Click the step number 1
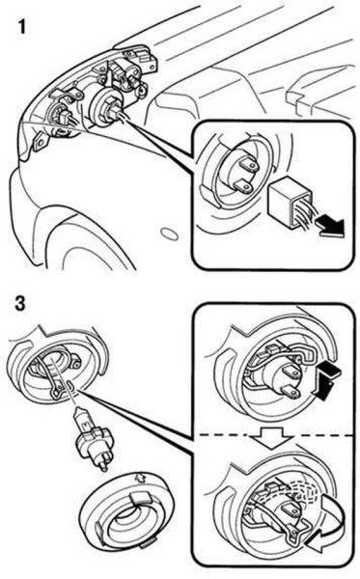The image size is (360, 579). (x=22, y=27)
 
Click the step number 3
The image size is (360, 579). (x=20, y=304)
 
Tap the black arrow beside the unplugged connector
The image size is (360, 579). (x=331, y=226)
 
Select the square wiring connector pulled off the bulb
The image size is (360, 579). (x=288, y=200)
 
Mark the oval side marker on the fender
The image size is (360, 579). (x=170, y=234)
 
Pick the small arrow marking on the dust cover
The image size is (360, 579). (x=140, y=479)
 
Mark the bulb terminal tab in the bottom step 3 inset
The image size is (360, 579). (x=291, y=510)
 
